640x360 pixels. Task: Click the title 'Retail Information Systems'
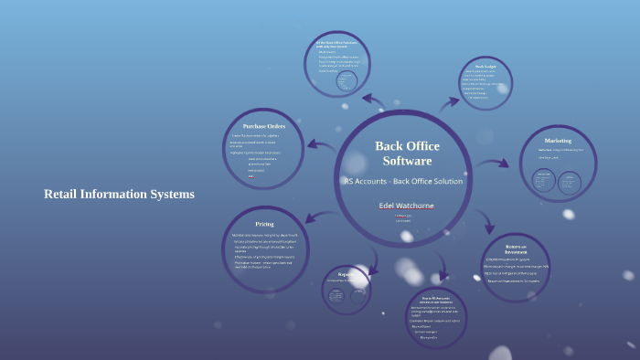tap(119, 195)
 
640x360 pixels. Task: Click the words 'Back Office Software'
tap(407, 154)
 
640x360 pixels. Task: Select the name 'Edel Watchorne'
tap(407, 206)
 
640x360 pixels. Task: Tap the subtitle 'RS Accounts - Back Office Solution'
tap(403, 181)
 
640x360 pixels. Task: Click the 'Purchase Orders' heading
tap(264, 126)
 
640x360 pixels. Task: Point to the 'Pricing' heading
tap(264, 224)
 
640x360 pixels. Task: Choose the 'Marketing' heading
tap(558, 141)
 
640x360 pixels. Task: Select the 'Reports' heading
tap(346, 273)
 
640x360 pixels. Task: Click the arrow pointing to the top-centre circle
tap(373, 100)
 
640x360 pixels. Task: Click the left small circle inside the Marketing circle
tap(542, 181)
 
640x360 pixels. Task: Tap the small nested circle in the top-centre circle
tap(347, 80)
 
